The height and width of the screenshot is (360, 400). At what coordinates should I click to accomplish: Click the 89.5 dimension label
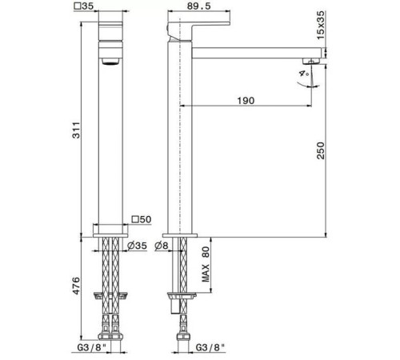[x=198, y=6]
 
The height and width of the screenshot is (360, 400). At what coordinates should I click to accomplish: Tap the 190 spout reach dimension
[x=246, y=101]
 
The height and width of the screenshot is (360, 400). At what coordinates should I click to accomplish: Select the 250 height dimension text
[x=321, y=150]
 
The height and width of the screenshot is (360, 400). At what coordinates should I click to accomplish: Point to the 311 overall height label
[x=77, y=130]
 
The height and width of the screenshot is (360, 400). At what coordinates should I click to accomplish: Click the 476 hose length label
[x=77, y=286]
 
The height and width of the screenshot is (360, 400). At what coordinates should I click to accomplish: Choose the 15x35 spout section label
[x=321, y=25]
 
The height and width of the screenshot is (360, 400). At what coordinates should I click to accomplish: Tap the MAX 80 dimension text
[x=206, y=264]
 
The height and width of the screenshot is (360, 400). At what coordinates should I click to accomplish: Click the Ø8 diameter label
[x=162, y=246]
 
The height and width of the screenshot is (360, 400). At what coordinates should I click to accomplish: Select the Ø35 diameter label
[x=137, y=246]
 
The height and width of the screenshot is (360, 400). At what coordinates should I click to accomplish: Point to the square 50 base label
[x=142, y=219]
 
